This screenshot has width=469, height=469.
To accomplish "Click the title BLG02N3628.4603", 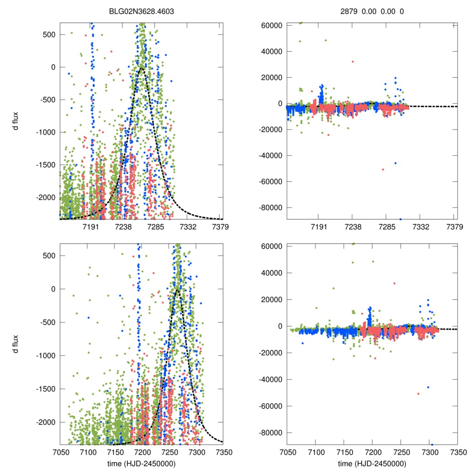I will click(x=141, y=11).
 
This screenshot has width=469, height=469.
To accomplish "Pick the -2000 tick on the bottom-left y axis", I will click(x=45, y=422).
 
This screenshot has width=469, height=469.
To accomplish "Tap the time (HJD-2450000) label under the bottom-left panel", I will click(x=141, y=464).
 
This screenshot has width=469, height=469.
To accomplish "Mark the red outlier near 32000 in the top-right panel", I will click(x=353, y=61).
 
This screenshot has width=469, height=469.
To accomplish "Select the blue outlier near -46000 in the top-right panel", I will click(x=395, y=163).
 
